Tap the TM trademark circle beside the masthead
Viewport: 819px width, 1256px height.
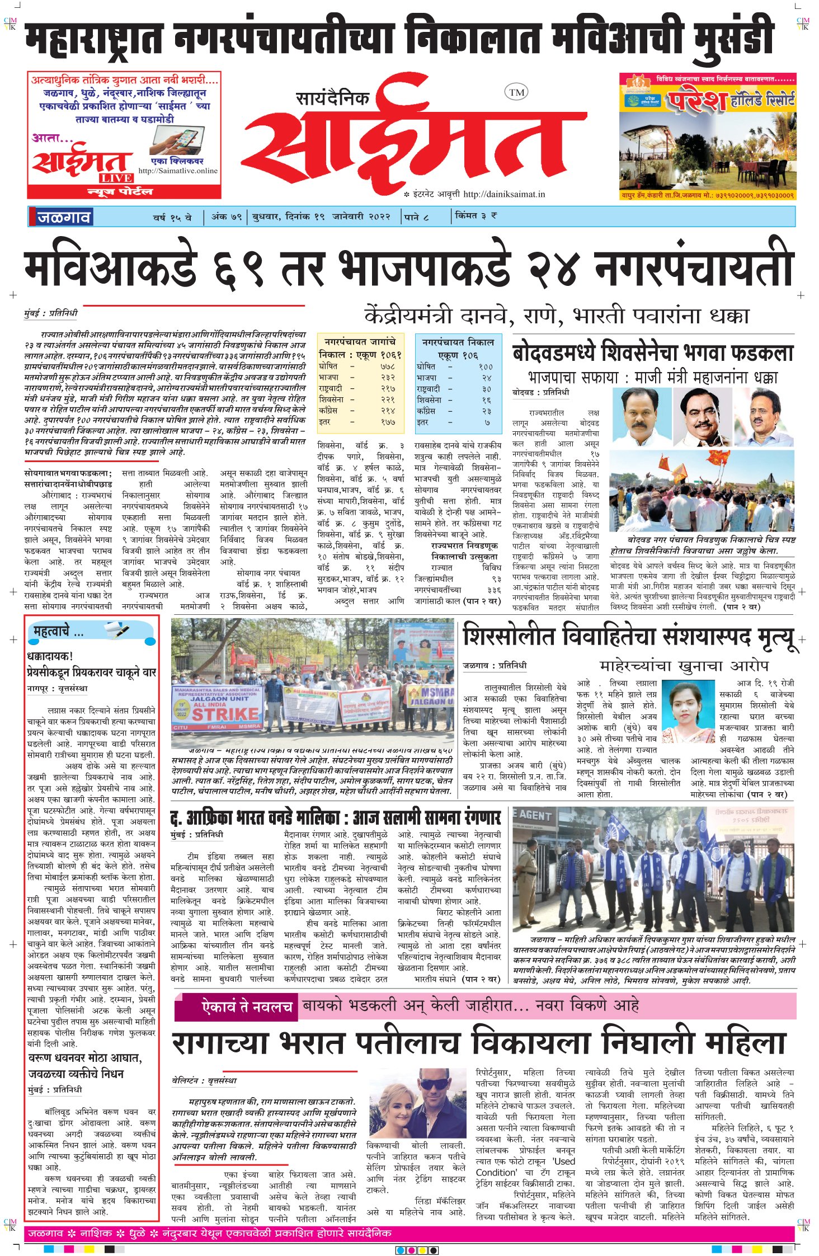tap(516, 92)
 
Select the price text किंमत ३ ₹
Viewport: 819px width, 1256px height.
tap(476, 215)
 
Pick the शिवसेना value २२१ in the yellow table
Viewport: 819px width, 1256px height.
tap(388, 400)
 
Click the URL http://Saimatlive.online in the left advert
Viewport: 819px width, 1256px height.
tap(178, 171)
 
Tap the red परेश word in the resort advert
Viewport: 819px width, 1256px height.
tap(696, 101)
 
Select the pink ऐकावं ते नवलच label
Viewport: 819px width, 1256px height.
tap(247, 1007)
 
